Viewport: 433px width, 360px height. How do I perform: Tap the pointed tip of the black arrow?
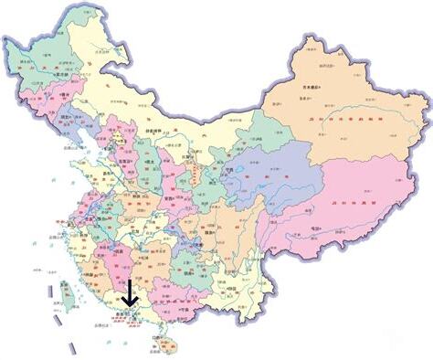129,307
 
